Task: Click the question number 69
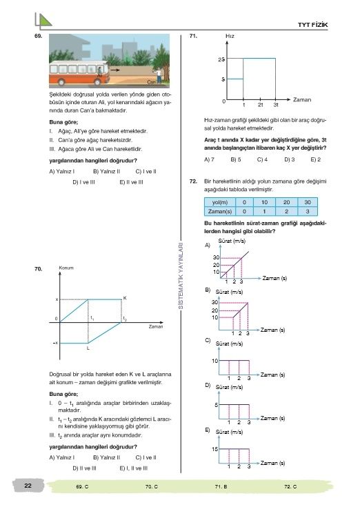[38, 36]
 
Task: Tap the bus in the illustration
[79, 72]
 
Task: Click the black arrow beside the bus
[114, 70]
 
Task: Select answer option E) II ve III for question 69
[131, 182]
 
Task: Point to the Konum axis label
[66, 268]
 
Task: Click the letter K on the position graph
[125, 298]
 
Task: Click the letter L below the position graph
[88, 348]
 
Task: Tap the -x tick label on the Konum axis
[56, 343]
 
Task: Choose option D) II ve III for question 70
[84, 468]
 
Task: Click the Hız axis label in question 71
[230, 36]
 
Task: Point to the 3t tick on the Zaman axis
[276, 105]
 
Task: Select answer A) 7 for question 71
[209, 159]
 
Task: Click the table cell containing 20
[286, 202]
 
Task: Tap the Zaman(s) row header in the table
[220, 212]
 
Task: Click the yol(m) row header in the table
[220, 202]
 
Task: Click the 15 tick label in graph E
[215, 449]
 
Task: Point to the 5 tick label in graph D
[216, 405]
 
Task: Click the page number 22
[28, 486]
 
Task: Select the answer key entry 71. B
[221, 486]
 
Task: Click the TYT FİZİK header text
[312, 25]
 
